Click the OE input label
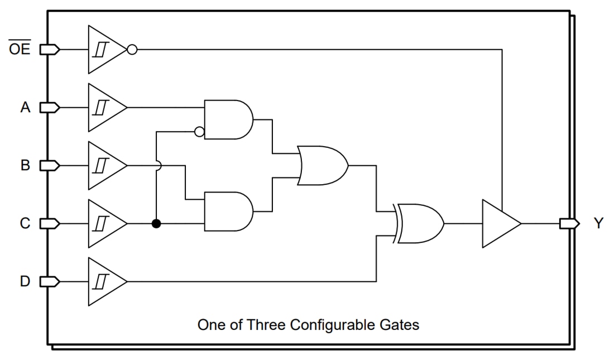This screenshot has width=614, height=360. coord(20,49)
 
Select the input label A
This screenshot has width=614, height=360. coord(25,107)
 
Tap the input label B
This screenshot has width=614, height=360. coord(25,166)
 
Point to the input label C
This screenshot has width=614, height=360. coord(25,224)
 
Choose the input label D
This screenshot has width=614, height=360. coord(25,282)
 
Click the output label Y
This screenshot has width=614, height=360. coord(598,224)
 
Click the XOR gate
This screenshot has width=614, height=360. coord(420,224)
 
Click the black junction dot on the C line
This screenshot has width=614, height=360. coord(157,224)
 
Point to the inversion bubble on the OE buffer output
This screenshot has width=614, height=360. coord(132,49)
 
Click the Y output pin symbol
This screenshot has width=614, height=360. coord(569,224)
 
